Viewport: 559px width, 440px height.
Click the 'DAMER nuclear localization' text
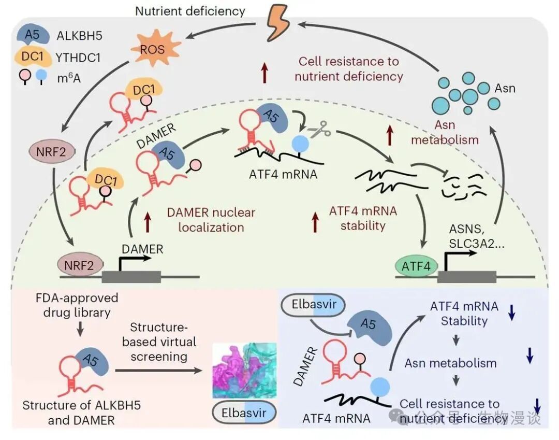[x=211, y=220]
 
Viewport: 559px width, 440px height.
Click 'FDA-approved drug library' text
[x=77, y=305]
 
